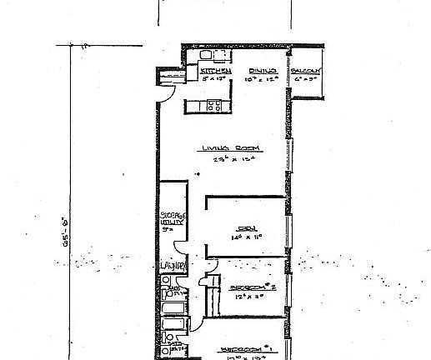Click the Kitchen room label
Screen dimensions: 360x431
(213, 72)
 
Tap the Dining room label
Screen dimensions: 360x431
(263, 72)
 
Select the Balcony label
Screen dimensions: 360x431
(306, 72)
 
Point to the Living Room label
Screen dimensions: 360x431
(230, 148)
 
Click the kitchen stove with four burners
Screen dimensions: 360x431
(213, 106)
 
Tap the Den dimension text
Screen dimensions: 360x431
(247, 237)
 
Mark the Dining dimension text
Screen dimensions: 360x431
(263, 80)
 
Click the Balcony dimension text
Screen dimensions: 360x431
(306, 80)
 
